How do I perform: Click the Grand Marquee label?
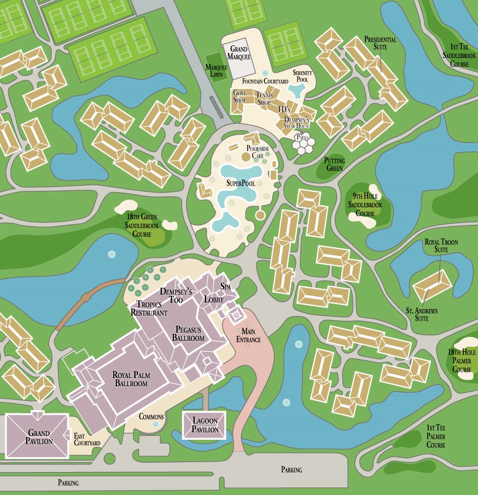point(240,53)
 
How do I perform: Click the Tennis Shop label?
point(264,98)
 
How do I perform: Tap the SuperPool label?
point(241,182)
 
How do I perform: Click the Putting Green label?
point(334,164)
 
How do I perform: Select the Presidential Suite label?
point(380,43)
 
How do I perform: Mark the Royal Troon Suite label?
point(441,245)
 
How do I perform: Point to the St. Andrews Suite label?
point(422,314)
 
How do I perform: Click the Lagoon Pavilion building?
point(205,425)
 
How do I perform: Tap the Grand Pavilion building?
point(37,436)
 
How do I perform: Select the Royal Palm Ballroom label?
point(131,379)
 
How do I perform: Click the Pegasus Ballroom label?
point(190,333)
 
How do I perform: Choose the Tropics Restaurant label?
point(148,308)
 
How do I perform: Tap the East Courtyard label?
point(88,439)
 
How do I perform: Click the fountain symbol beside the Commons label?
point(156,424)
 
